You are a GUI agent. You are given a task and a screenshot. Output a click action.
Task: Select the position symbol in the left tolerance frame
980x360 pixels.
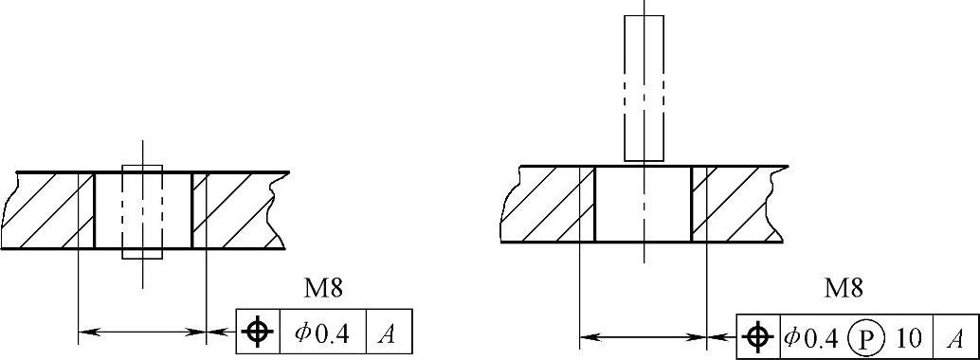tap(258, 332)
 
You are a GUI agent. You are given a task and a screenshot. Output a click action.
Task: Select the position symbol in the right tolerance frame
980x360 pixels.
tap(758, 337)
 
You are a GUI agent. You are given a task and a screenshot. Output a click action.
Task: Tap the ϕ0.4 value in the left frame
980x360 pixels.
tap(323, 332)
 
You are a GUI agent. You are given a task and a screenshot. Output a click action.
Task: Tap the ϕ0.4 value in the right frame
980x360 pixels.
tap(810, 337)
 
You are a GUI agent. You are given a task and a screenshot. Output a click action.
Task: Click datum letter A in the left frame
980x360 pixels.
tap(389, 333)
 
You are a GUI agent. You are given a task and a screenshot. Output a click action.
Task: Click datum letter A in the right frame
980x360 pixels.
tap(955, 338)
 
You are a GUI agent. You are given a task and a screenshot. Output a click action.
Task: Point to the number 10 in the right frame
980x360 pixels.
tap(909, 338)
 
